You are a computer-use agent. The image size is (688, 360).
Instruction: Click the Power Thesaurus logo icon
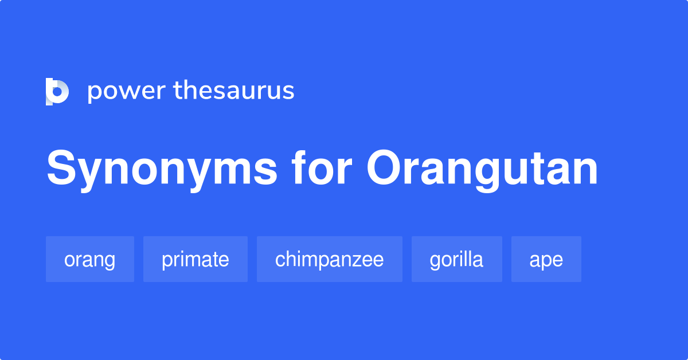pos(57,92)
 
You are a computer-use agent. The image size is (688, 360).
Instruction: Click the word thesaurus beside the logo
pos(234,91)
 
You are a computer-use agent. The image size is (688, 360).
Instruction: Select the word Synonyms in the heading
pos(162,170)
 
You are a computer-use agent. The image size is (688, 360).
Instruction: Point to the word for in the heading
pos(321,168)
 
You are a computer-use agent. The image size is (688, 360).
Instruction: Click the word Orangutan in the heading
pos(482,170)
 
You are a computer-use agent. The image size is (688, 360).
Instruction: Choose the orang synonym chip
pos(90,259)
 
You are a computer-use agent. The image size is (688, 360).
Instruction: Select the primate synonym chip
pos(196,259)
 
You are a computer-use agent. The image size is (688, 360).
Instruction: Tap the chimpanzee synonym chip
pos(330,259)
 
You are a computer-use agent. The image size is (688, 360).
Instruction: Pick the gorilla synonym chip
pos(457,259)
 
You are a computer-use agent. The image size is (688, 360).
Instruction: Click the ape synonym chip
pos(546,259)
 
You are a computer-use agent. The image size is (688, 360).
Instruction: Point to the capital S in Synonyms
pos(61,167)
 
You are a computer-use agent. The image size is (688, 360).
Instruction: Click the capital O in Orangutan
pos(385,167)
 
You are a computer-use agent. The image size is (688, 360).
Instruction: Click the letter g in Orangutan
pos(489,175)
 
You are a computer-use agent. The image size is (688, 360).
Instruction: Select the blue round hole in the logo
pos(57,92)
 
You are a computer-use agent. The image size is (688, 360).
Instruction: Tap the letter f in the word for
pos(299,168)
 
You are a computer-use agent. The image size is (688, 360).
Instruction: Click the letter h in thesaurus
pos(190,91)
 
